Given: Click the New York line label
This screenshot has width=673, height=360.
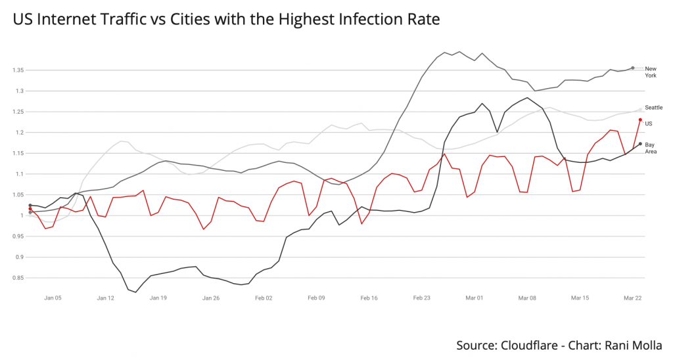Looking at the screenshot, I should click(650, 72).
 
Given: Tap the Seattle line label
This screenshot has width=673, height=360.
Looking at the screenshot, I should click(653, 107).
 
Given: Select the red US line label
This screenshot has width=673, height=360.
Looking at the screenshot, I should click(648, 124).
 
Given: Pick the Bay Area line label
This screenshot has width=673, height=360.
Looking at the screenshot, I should click(650, 148).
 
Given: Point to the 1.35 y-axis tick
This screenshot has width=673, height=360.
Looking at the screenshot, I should click(16, 70).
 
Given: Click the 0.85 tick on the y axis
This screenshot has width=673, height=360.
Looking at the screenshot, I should click(16, 278).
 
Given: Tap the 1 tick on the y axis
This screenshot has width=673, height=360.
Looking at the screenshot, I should click(21, 215).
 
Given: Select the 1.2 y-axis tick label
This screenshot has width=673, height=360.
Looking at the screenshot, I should click(18, 133).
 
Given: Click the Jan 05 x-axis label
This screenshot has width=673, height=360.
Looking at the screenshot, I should click(53, 298).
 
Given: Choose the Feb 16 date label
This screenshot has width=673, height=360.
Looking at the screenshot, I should click(369, 298).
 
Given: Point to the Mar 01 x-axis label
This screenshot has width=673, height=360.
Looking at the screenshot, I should click(475, 298).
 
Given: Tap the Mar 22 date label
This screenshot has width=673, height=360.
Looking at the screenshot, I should click(632, 298).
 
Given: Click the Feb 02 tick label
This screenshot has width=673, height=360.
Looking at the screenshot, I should click(264, 298).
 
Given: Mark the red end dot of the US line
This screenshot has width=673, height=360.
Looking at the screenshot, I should click(640, 120).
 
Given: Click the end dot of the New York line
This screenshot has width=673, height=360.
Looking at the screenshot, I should click(633, 68).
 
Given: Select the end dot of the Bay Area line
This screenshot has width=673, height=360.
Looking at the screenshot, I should click(640, 144).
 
